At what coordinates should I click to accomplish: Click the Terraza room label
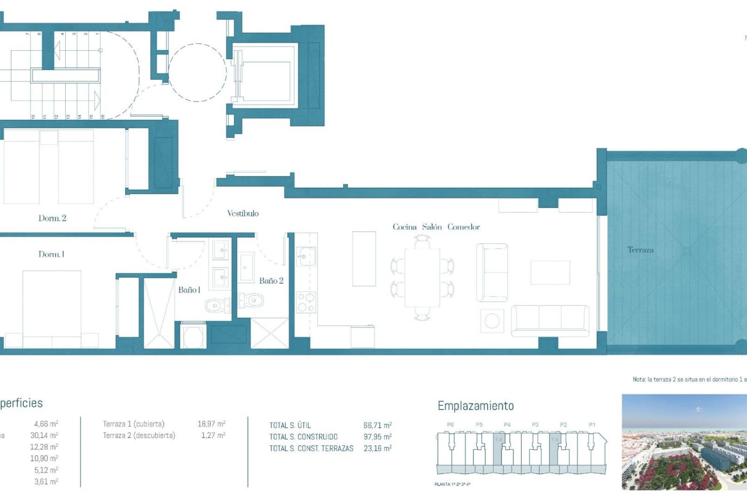[640, 250]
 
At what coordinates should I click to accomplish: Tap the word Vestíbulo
[243, 213]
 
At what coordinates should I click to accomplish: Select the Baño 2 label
[271, 281]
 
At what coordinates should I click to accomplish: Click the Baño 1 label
[189, 289]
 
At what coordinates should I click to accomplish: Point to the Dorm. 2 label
[52, 218]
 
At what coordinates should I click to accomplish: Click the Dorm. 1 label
[51, 254]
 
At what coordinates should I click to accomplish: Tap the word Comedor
[463, 227]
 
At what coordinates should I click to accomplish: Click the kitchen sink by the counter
[307, 257]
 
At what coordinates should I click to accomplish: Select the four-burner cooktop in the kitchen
[306, 303]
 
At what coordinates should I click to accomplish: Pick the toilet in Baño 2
[251, 300]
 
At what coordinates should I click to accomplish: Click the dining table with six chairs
[422, 278]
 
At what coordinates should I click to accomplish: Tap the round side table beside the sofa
[492, 321]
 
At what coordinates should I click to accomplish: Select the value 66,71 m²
[377, 425]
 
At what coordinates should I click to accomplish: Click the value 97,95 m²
[377, 437]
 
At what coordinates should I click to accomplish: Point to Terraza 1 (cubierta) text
[133, 424]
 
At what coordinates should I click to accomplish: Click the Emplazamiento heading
[475, 406]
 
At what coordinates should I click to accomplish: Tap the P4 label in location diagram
[507, 424]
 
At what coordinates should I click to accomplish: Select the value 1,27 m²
[213, 435]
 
